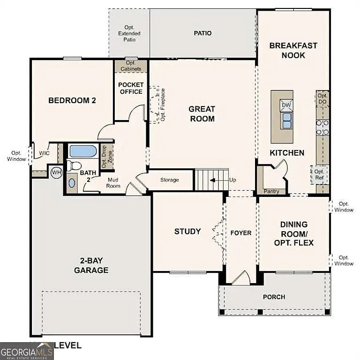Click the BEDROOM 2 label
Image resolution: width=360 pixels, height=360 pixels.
[72, 100]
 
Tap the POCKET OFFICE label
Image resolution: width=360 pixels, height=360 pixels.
[131, 88]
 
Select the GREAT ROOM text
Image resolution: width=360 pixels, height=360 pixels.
[202, 114]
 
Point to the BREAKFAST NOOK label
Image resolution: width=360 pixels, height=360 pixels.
[293, 50]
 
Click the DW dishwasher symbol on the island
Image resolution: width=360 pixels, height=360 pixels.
[286, 105]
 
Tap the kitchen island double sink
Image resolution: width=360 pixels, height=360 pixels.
[286, 120]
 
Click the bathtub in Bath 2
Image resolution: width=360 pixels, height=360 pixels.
[82, 151]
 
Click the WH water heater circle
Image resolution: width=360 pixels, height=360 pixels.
[56, 172]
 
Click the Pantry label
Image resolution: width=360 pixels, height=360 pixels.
[271, 191]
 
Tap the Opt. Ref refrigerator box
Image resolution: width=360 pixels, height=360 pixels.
[319, 175]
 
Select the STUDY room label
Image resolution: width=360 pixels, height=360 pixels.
[187, 231]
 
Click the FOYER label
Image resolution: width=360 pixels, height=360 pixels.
[241, 233]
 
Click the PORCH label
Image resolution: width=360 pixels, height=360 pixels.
[274, 297]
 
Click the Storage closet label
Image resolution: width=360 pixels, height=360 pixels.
[170, 180]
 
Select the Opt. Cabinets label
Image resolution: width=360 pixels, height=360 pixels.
[131, 66]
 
